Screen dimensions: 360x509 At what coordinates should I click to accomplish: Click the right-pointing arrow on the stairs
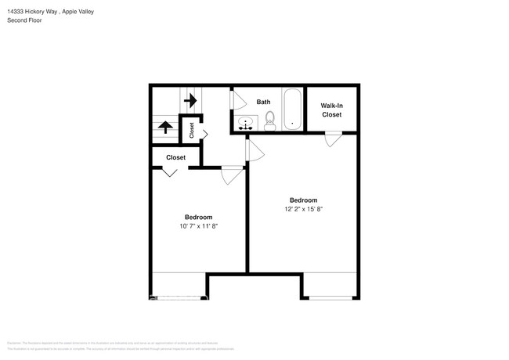click(190, 101)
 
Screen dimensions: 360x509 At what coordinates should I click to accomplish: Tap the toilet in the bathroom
click(270, 120)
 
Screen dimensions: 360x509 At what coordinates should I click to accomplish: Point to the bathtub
click(292, 109)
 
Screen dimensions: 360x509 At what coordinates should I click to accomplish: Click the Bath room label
click(263, 102)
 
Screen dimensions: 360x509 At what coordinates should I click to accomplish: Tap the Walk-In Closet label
click(332, 110)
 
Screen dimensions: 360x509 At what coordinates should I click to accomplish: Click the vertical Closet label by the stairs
click(192, 131)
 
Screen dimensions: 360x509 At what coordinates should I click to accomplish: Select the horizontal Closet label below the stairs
click(175, 157)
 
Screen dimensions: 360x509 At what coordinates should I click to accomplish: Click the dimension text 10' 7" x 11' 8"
click(198, 226)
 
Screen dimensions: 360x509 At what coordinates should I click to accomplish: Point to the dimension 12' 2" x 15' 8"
click(303, 209)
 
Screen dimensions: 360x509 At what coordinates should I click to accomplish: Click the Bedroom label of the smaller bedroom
click(198, 217)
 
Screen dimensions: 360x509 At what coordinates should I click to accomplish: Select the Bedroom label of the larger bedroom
click(303, 200)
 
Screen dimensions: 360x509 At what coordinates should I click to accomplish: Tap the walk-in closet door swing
click(334, 139)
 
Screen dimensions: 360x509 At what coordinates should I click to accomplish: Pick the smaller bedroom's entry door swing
click(232, 177)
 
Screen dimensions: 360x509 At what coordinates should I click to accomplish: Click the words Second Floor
click(24, 20)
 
